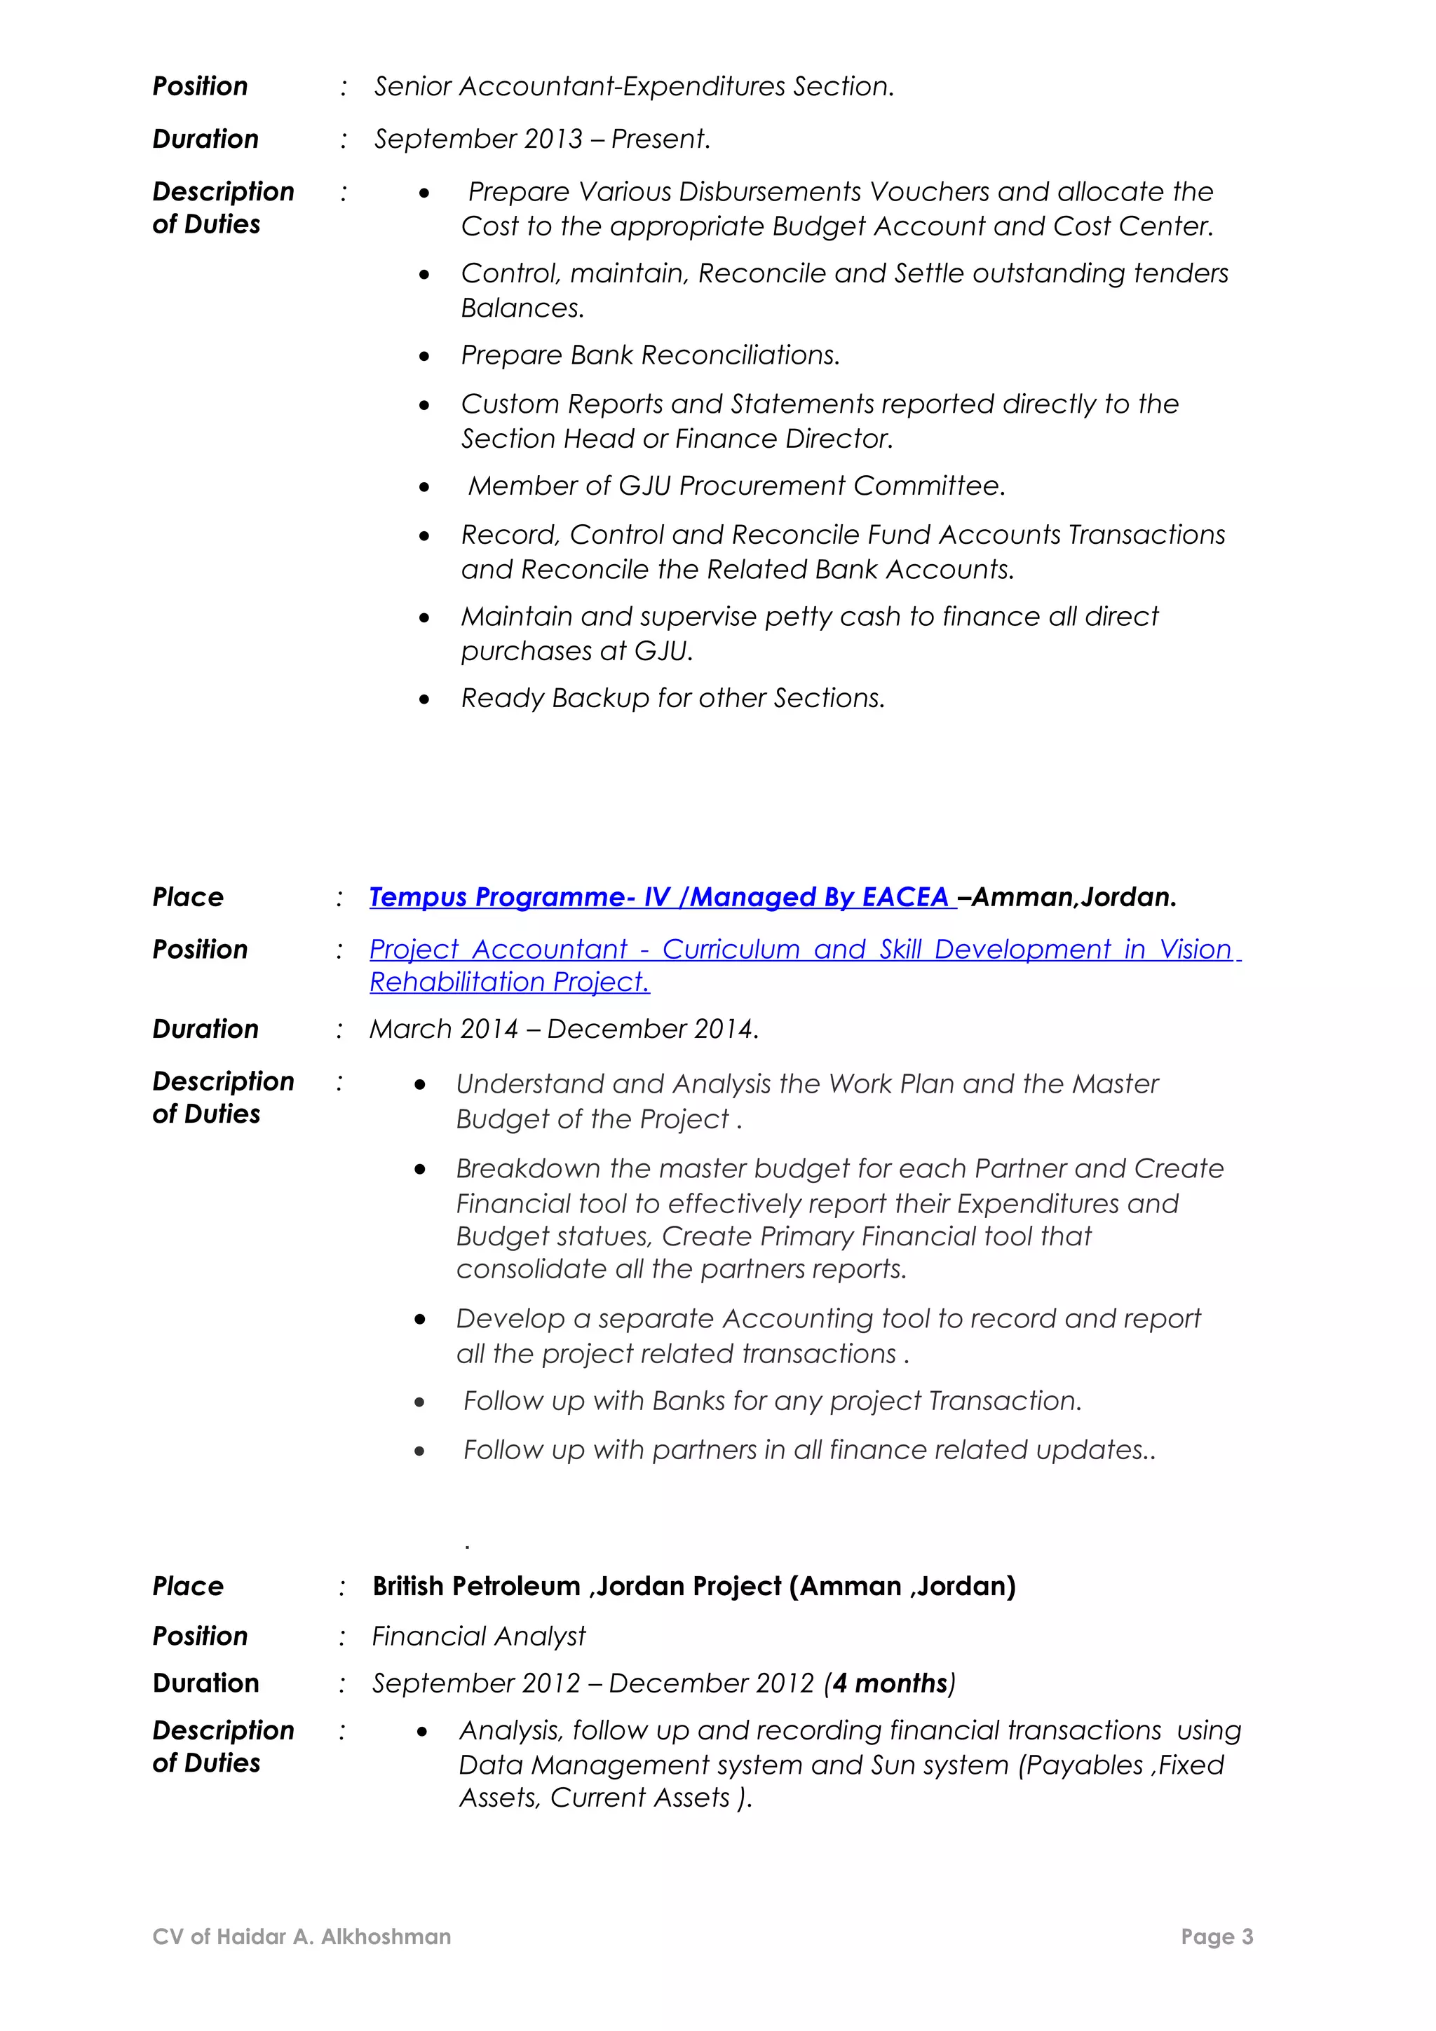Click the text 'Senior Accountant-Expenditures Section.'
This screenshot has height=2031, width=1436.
(x=633, y=87)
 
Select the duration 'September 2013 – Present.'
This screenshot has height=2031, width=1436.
(x=541, y=139)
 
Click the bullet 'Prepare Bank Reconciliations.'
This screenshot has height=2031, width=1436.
(x=649, y=355)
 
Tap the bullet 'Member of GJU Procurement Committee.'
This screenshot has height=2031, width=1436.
(x=736, y=486)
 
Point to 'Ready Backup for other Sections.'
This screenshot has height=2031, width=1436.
(x=672, y=699)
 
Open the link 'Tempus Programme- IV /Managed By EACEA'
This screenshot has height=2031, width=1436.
(x=659, y=898)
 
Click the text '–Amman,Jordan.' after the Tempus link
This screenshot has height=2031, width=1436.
(x=1068, y=898)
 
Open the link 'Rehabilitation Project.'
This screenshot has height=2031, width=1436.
(x=510, y=983)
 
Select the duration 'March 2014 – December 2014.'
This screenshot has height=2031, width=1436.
(x=564, y=1030)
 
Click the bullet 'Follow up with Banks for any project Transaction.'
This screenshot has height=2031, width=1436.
(x=771, y=1401)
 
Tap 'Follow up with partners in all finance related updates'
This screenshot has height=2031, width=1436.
(x=808, y=1451)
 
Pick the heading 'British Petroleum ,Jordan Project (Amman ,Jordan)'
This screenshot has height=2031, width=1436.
(x=693, y=1586)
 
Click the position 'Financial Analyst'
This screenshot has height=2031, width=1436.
(x=479, y=1636)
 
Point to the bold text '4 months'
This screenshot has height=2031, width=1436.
(x=890, y=1683)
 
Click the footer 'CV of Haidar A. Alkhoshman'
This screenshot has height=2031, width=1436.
(x=302, y=1937)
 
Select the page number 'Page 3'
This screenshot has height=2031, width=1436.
(x=1217, y=1937)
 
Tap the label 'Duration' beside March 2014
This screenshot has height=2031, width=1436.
(x=205, y=1030)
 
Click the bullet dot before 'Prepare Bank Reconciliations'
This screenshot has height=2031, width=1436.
(x=425, y=357)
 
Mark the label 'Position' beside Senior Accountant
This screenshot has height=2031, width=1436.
(x=200, y=87)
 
